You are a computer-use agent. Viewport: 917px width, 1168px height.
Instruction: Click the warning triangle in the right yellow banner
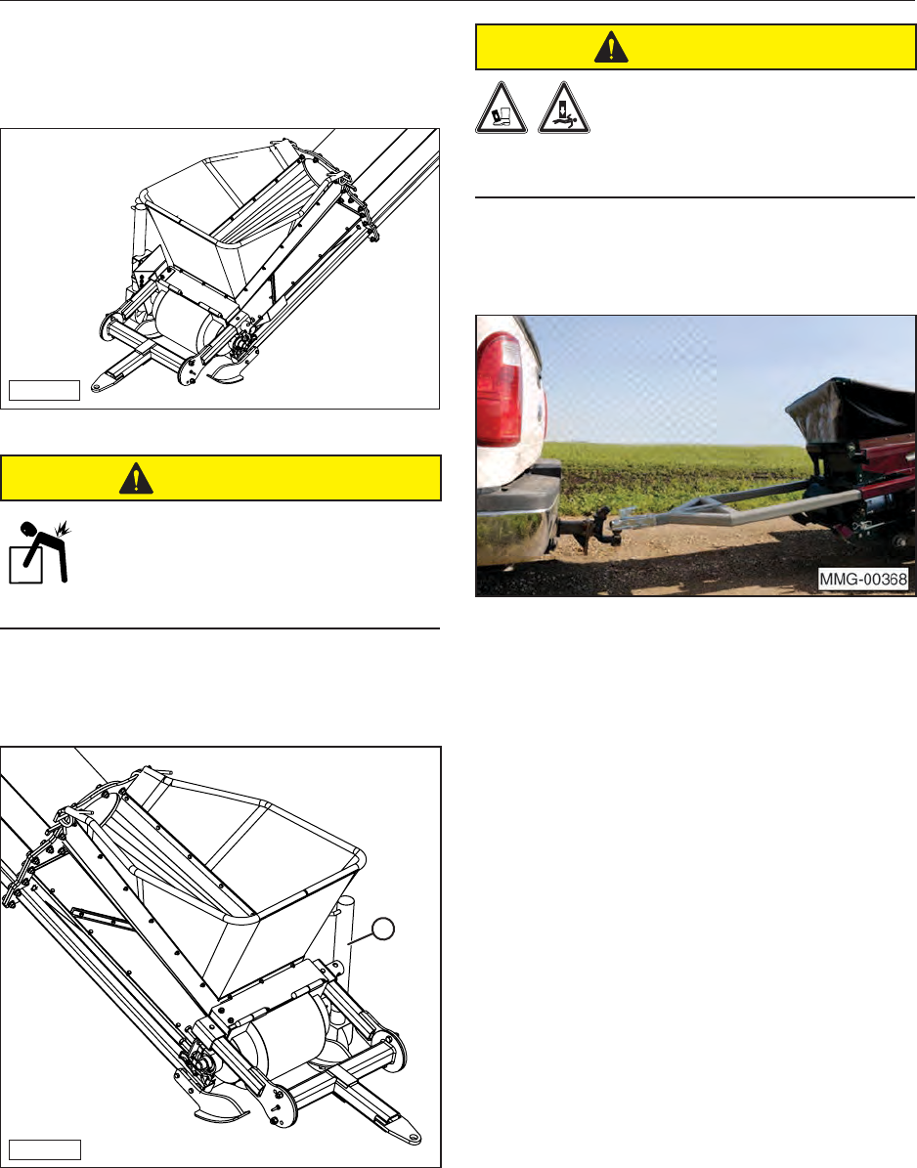click(x=612, y=48)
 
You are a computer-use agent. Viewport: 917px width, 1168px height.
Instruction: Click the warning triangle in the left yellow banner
click(x=136, y=478)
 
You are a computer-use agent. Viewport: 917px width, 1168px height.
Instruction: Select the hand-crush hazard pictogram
click(x=502, y=108)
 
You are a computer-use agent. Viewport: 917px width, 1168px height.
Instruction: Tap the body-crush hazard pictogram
click(x=564, y=108)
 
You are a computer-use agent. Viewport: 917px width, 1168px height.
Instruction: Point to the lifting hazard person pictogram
click(x=39, y=552)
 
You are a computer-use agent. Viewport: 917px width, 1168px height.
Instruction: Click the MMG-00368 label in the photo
click(x=863, y=579)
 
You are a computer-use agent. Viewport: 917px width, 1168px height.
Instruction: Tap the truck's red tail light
click(x=502, y=390)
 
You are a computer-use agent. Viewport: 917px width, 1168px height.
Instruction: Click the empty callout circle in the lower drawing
click(x=382, y=929)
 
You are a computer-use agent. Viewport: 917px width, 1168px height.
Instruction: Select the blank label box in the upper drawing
click(x=44, y=390)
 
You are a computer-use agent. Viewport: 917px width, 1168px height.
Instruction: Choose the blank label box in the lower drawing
click(x=45, y=1149)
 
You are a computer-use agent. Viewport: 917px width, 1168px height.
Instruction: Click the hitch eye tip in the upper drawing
click(x=98, y=387)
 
